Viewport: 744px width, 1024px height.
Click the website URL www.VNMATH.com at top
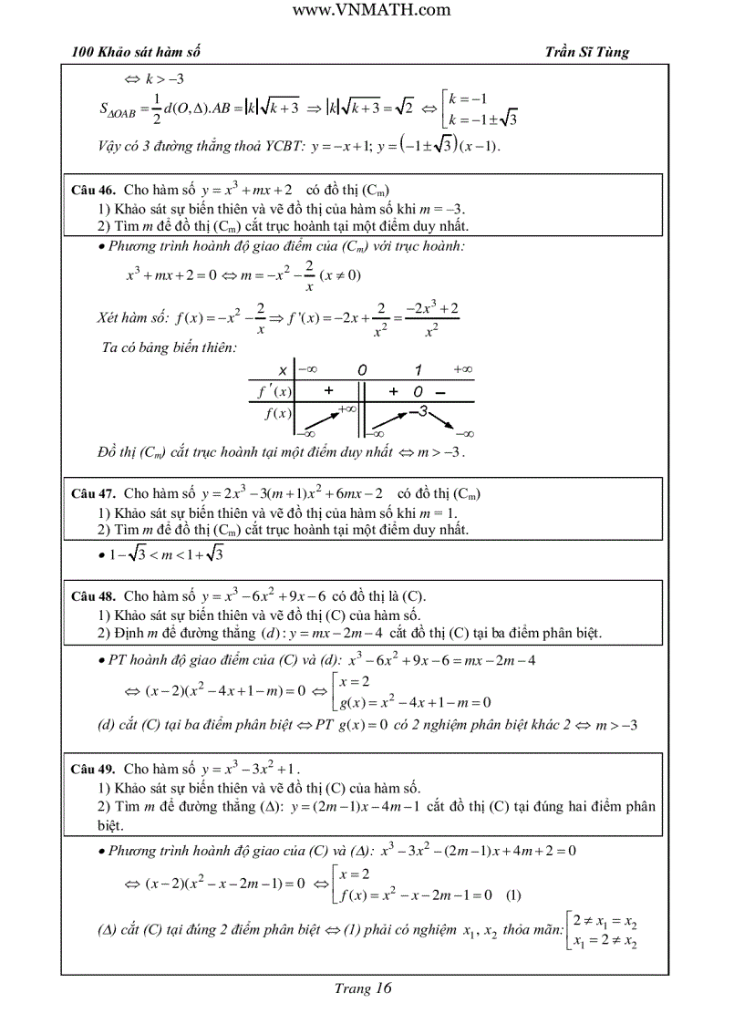371,10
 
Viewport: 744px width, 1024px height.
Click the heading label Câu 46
93,191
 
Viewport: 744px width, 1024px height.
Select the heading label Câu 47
93,493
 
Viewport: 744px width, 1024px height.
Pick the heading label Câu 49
93,769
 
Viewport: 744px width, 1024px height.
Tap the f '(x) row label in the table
273,391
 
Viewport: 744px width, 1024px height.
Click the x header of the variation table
283,370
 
